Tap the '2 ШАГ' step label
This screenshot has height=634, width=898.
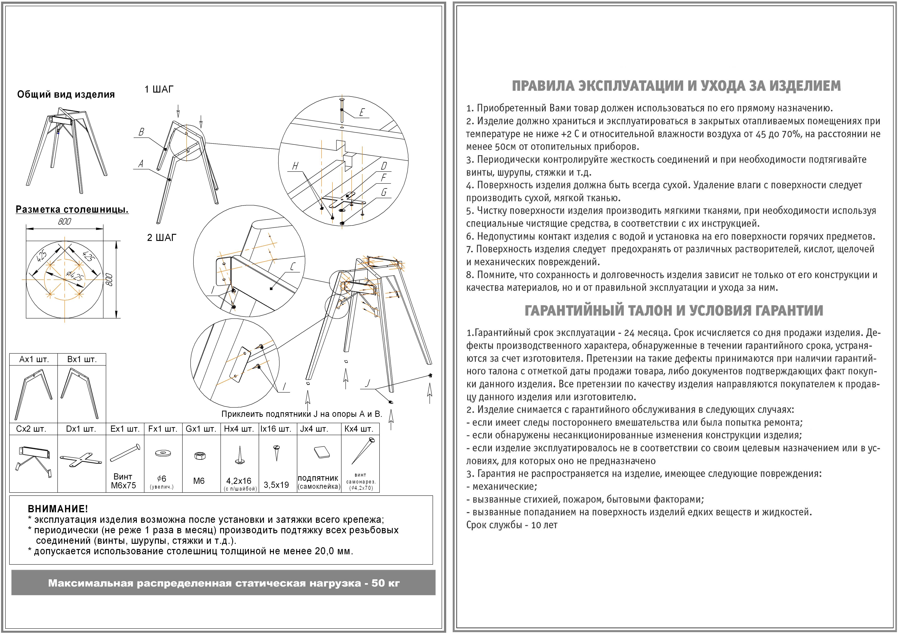pos(162,238)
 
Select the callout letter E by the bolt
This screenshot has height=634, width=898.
pos(362,113)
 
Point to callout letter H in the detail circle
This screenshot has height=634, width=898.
pos(295,166)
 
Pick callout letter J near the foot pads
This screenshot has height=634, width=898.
pos(368,383)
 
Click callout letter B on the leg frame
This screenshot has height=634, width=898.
pos(141,132)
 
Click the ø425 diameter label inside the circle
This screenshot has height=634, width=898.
pos(74,276)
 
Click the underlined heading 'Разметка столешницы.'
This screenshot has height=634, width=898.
pos(72,210)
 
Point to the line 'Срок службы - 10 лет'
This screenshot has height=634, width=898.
pos(512,525)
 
